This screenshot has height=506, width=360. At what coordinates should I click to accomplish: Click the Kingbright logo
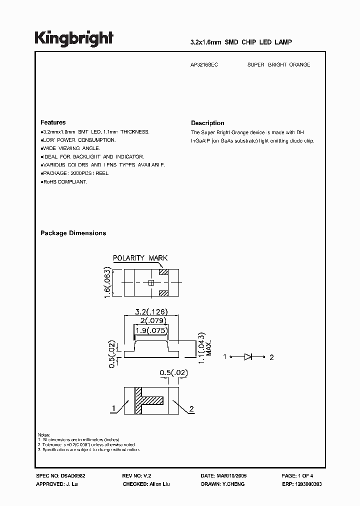pyautogui.click(x=74, y=38)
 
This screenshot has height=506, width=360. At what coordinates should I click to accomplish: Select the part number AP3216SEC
pyautogui.click(x=204, y=65)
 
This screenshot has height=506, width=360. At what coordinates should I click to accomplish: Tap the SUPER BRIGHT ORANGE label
pyautogui.click(x=278, y=65)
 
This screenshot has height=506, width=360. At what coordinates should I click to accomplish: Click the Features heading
pyautogui.click(x=52, y=122)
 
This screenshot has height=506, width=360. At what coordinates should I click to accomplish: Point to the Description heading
pyautogui.click(x=207, y=123)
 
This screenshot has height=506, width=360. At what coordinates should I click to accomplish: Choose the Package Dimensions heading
pyautogui.click(x=73, y=233)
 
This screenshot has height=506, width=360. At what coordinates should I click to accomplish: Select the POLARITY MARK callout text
pyautogui.click(x=140, y=258)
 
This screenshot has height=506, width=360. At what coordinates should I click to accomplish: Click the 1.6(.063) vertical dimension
pyautogui.click(x=106, y=282)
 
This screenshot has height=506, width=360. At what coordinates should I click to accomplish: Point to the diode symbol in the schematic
pyautogui.click(x=248, y=357)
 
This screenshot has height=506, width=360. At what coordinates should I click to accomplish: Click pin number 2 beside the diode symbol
pyautogui.click(x=271, y=357)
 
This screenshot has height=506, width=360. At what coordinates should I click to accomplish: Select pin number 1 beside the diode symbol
pyautogui.click(x=225, y=357)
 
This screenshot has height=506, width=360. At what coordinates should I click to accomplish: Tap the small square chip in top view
pyautogui.click(x=150, y=282)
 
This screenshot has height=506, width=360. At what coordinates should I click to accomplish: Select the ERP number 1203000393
pyautogui.click(x=309, y=484)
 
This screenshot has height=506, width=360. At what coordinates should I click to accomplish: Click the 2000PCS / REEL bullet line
pyautogui.click(x=75, y=173)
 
